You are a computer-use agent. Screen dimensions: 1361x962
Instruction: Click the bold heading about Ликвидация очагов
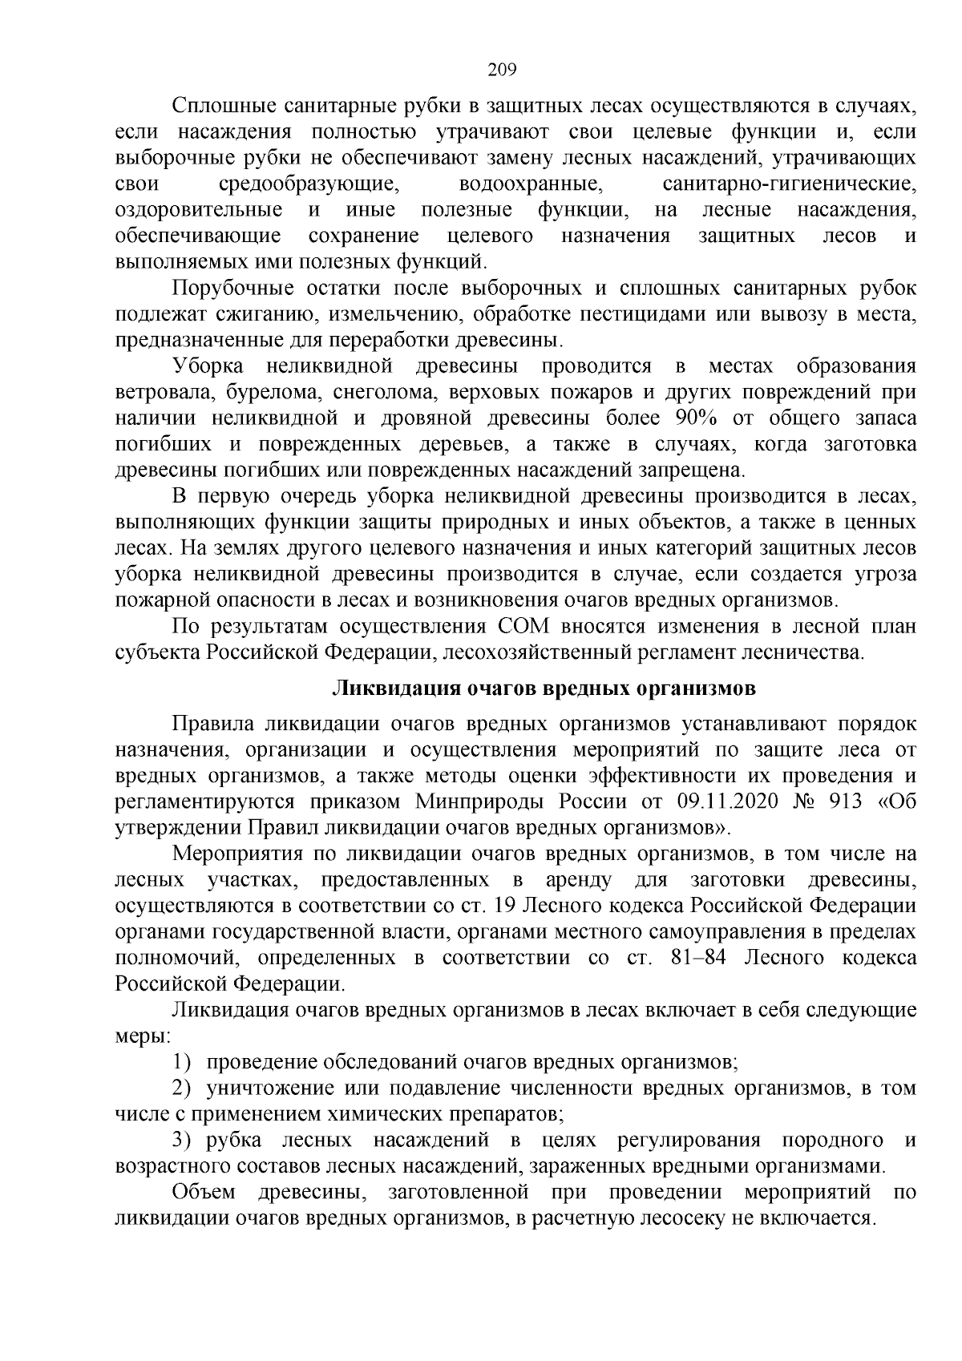544,689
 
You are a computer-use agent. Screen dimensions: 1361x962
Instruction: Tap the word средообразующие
309,184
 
